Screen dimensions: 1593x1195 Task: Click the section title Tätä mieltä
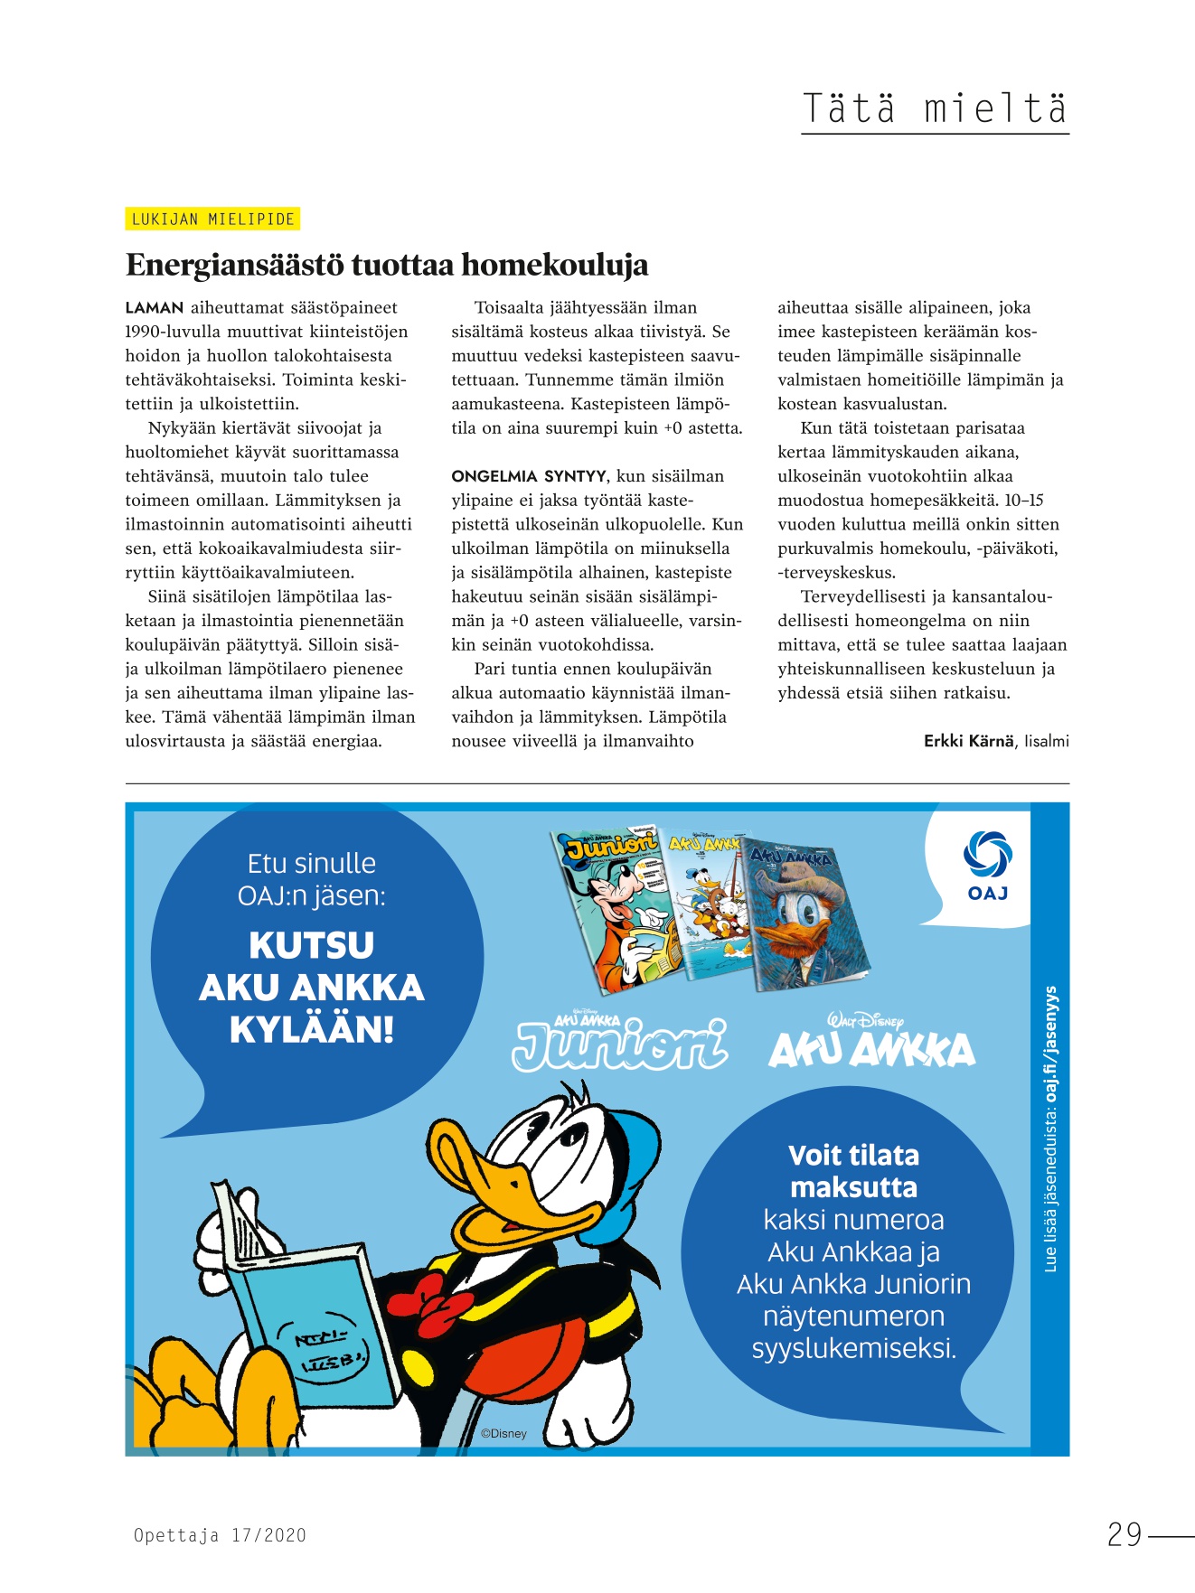coord(935,108)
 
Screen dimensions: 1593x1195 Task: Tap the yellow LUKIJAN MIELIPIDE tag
coord(212,219)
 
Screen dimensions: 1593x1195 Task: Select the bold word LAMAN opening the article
coord(155,308)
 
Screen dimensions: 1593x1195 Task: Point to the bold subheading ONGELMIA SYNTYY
coord(529,476)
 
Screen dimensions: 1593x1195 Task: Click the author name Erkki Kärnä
coord(968,741)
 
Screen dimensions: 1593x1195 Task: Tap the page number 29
coord(1124,1534)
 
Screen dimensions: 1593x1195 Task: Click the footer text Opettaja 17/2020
coord(220,1534)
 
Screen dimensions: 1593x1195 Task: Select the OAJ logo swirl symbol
coord(987,854)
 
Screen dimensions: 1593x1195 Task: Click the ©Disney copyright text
coord(503,1433)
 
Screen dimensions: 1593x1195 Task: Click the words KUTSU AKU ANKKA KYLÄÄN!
coord(312,988)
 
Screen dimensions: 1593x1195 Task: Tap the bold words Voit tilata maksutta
coord(853,1171)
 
